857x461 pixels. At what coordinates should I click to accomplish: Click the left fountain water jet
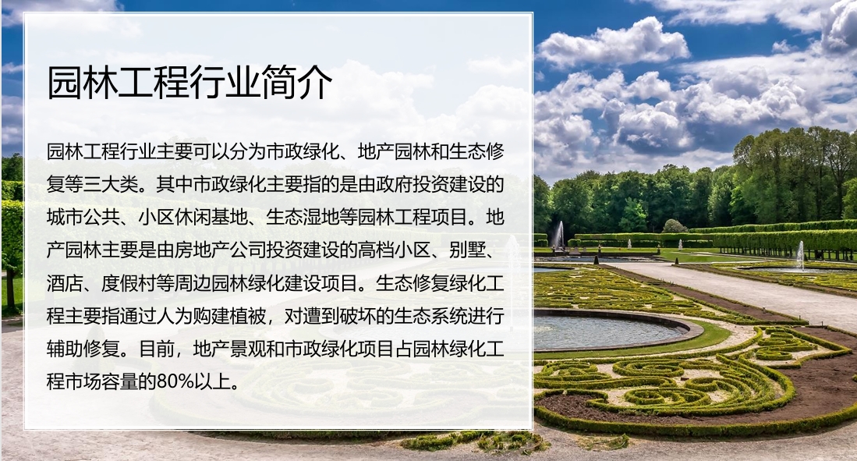click(x=559, y=235)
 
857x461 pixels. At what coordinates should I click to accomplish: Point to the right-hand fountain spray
click(x=800, y=254)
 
